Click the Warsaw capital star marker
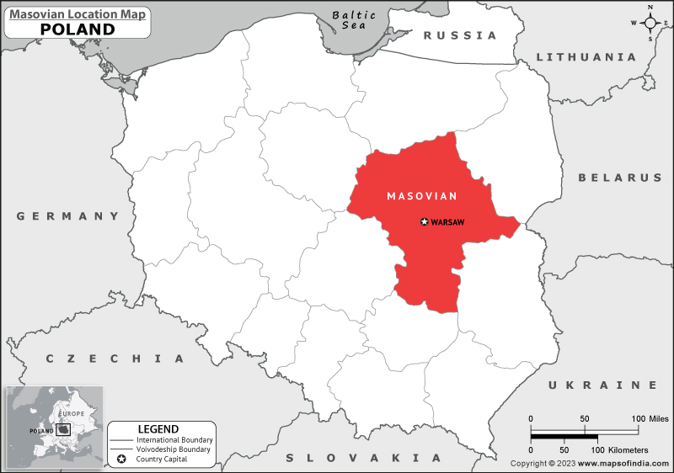coord(424,222)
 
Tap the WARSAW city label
coord(448,222)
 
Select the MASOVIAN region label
coord(421,196)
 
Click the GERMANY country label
coord(67,216)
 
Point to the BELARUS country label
coord(619,178)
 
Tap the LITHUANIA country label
coord(586,57)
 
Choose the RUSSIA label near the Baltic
coord(460,35)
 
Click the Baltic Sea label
coord(353,20)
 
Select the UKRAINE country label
coord(602,385)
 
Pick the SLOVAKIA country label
coord(364,458)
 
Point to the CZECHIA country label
coord(115,359)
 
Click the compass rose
coord(650,23)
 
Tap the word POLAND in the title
coord(78,29)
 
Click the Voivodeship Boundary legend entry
coord(174,449)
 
